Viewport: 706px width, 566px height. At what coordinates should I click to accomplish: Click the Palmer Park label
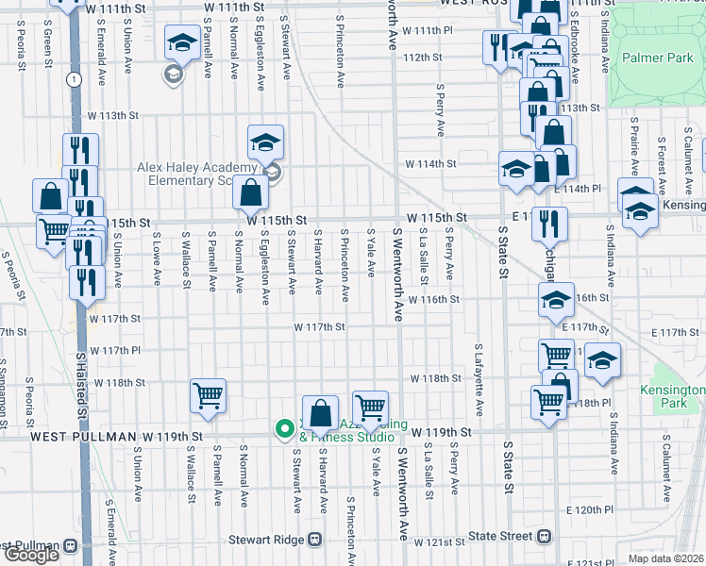(658, 58)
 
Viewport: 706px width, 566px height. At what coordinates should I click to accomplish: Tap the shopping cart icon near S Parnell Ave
(208, 396)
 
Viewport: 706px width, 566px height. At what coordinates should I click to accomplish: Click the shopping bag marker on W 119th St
(322, 412)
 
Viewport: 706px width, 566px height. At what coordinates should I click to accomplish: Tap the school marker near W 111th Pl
(182, 42)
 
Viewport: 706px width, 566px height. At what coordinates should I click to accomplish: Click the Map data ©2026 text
(665, 558)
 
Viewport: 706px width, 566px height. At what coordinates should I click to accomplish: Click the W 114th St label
(430, 163)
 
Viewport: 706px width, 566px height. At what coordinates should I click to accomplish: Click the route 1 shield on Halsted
(73, 79)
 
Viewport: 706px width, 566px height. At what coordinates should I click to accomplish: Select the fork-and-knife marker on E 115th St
(546, 224)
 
